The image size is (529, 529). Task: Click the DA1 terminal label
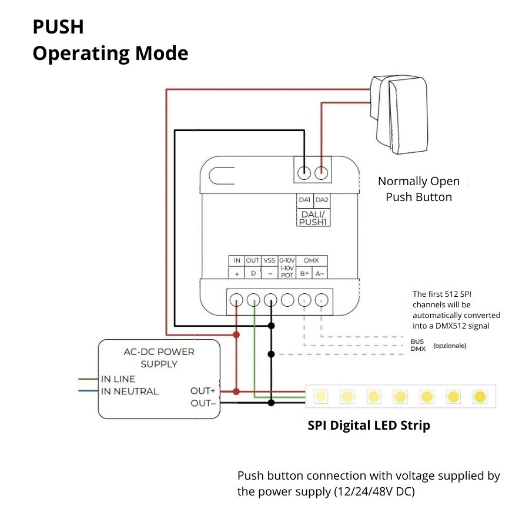coord(304,200)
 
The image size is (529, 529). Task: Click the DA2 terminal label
coord(322,200)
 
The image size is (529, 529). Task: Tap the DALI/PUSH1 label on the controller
coord(313,218)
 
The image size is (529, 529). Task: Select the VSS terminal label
coord(269,260)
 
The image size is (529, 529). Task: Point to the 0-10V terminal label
coord(287,260)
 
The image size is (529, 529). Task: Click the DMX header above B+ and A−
coord(312,260)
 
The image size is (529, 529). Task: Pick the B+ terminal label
coord(304,273)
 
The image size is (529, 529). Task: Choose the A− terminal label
coord(320,273)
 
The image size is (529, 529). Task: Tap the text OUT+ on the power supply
coord(203,391)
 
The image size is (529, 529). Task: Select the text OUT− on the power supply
coord(203,403)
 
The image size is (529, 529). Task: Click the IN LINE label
coord(118,379)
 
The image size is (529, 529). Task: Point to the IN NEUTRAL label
coord(130,391)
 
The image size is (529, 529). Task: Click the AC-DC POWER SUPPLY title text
coord(159,358)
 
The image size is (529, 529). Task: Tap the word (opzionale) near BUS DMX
coord(450,346)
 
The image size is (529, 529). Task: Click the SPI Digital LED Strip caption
coord(369,425)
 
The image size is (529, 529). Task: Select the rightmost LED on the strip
coord(480,396)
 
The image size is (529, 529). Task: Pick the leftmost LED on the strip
coord(320,396)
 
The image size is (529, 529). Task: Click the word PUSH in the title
coord(58,27)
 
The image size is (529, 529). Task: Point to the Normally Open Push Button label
coord(418,189)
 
